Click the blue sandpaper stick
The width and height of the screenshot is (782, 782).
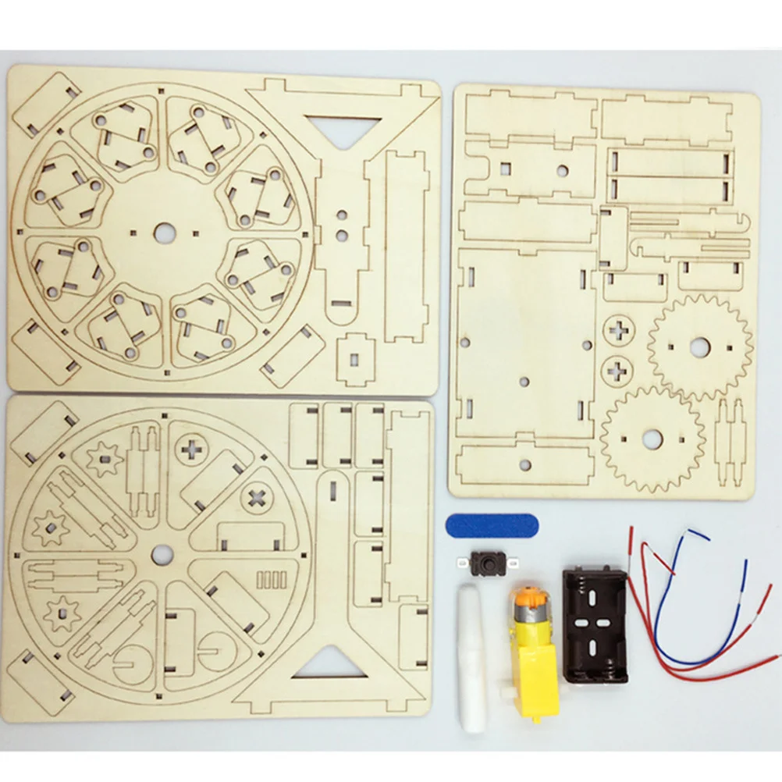click(492, 525)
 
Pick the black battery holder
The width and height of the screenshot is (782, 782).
click(595, 624)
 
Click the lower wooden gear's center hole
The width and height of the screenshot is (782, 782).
click(652, 438)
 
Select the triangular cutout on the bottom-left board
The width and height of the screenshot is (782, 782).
click(328, 663)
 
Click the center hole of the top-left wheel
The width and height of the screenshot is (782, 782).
click(164, 233)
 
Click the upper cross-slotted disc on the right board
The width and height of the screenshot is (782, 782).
click(619, 330)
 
